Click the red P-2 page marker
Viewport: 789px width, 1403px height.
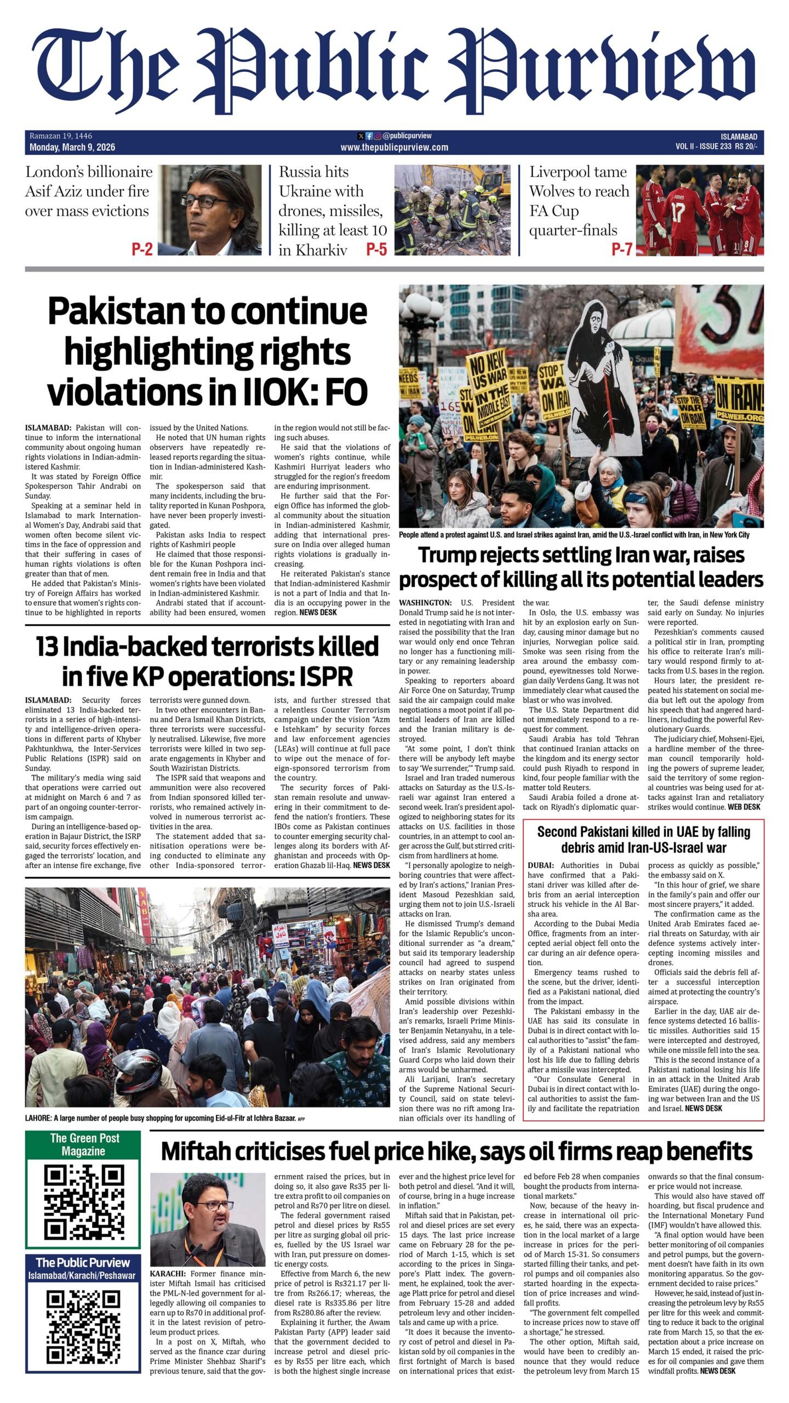[x=142, y=250]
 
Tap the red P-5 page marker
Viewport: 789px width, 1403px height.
[x=376, y=250]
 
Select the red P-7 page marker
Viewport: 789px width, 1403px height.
[x=621, y=250]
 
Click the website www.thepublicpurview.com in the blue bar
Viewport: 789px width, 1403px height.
[x=394, y=147]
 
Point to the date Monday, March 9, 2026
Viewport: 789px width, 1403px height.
[x=72, y=147]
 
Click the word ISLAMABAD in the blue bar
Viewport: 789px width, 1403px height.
[x=739, y=136]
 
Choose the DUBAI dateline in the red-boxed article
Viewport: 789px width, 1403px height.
[x=541, y=865]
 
